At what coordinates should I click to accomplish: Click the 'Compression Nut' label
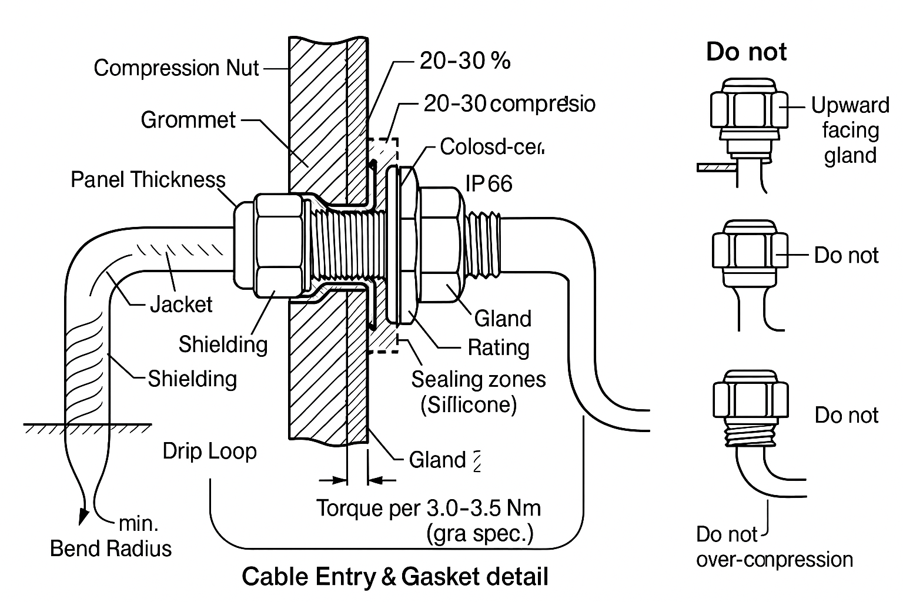click(x=176, y=68)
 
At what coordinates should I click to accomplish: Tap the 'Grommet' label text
click(x=188, y=120)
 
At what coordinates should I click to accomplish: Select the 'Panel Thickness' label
click(x=148, y=179)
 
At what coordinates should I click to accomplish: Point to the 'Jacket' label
click(x=181, y=304)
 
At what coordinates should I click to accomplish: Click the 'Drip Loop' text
click(x=210, y=451)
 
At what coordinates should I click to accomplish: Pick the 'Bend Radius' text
click(x=111, y=548)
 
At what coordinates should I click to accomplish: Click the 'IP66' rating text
click(x=489, y=183)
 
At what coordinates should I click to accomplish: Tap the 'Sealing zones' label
click(x=478, y=379)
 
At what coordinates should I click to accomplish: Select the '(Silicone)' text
click(x=469, y=404)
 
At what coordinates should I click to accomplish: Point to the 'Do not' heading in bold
click(x=746, y=52)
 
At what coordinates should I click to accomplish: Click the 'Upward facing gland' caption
click(x=850, y=130)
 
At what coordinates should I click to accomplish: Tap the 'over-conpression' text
click(x=774, y=559)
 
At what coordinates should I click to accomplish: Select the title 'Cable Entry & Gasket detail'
click(x=394, y=576)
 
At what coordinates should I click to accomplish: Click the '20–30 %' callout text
click(x=464, y=61)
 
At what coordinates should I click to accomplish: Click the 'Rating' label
click(x=499, y=347)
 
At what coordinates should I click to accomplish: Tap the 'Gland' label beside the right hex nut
click(x=503, y=318)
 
